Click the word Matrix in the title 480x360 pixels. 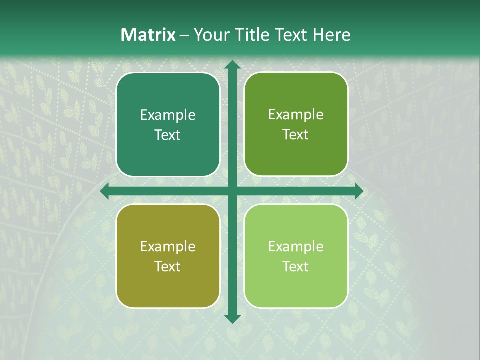tap(148, 35)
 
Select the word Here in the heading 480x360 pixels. tap(332, 35)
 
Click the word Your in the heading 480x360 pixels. tap(209, 35)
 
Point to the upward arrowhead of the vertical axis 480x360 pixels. tap(232, 64)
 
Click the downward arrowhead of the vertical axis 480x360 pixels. tap(232, 318)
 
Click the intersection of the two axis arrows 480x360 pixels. tap(232, 191)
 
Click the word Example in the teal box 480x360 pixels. tap(168, 115)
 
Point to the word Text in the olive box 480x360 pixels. tap(168, 266)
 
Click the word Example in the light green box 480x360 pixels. tap(296, 246)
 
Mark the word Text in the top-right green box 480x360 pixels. tap(296, 135)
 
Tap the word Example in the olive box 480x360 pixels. tap(168, 246)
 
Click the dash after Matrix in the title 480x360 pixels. tap(184, 35)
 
